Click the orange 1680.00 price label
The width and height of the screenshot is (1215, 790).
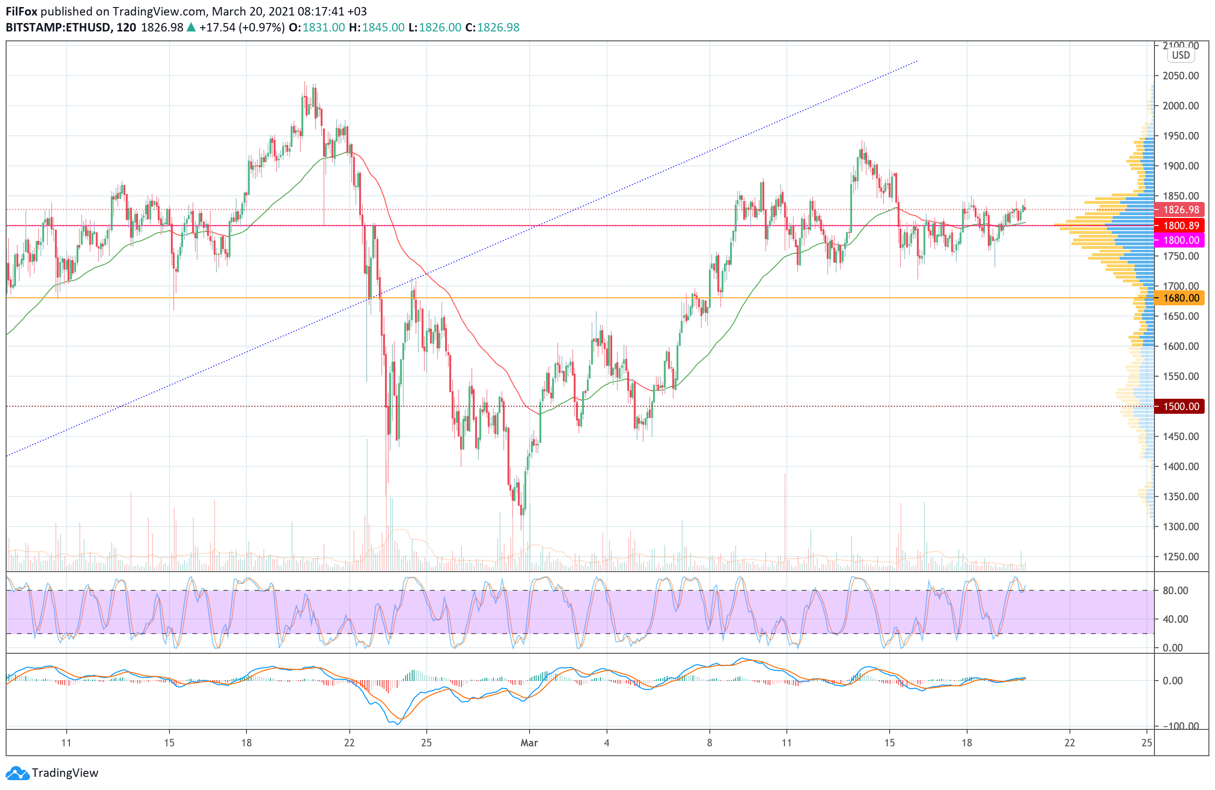(x=1180, y=298)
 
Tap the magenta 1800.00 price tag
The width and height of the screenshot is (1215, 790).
(x=1180, y=240)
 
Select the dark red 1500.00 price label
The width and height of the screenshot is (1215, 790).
(x=1180, y=406)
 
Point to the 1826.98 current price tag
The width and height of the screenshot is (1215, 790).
(x=1180, y=209)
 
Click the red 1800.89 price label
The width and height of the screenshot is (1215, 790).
(x=1180, y=225)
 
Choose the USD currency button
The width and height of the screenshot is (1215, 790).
(x=1180, y=55)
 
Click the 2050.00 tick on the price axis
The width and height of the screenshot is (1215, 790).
(x=1180, y=76)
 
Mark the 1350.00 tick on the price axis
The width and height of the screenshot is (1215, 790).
(x=1180, y=496)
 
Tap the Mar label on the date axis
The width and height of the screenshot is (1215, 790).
(x=529, y=743)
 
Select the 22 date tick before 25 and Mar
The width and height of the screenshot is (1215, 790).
(x=349, y=743)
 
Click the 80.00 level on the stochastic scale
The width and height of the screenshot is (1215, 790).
(x=1175, y=590)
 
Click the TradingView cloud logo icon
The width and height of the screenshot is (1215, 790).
(x=17, y=773)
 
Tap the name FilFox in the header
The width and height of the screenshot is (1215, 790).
(x=22, y=11)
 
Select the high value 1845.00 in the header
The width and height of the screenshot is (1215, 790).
(x=383, y=28)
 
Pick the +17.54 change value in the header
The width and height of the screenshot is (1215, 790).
(x=217, y=28)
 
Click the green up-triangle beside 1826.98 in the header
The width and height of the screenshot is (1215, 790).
(x=191, y=28)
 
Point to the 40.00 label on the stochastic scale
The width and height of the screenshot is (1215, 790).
(x=1175, y=619)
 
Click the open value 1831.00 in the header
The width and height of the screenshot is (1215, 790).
(x=323, y=28)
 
